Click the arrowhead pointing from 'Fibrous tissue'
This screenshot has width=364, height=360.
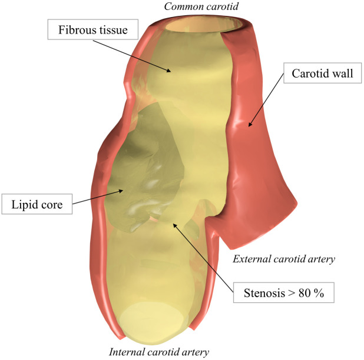coord(171,71)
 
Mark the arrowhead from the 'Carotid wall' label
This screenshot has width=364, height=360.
coord(250,125)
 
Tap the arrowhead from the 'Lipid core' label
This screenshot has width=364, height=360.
coord(124,189)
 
